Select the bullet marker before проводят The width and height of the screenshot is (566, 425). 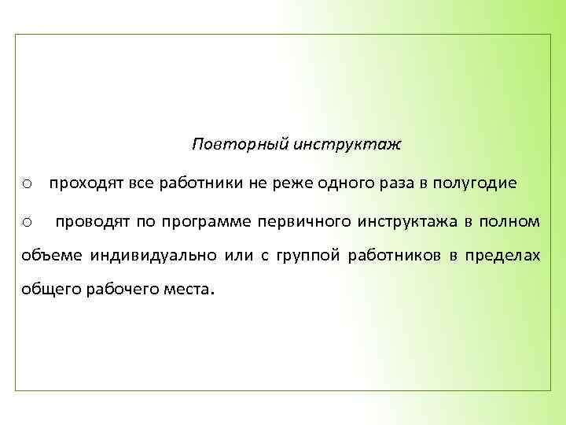[x=27, y=224]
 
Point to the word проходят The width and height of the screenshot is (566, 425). [x=83, y=184]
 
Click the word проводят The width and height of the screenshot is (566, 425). [x=90, y=222]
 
